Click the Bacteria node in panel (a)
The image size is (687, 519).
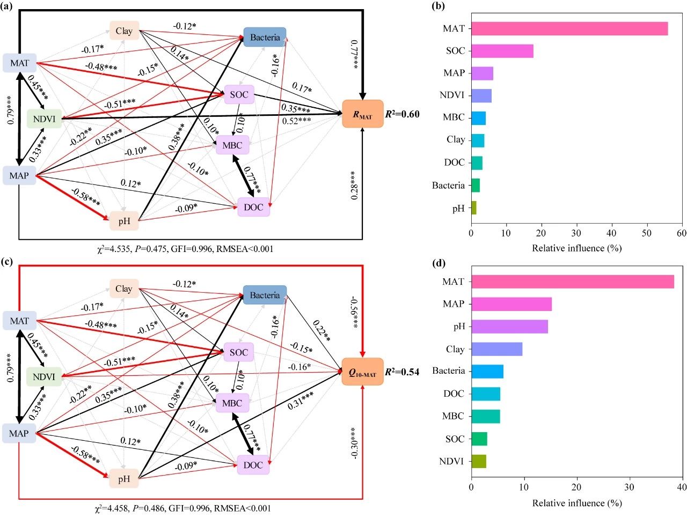[x=265, y=37]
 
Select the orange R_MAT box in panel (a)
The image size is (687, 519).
[x=363, y=114]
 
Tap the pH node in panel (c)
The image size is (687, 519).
[x=124, y=479]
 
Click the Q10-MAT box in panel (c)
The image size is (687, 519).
[x=363, y=372]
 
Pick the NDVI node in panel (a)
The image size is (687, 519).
[x=44, y=118]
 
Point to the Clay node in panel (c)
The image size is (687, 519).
[x=124, y=288]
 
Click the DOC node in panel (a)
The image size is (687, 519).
[x=253, y=207]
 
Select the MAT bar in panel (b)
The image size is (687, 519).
[x=569, y=28]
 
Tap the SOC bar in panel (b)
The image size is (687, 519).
[x=502, y=51]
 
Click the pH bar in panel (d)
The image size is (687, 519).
[x=509, y=327]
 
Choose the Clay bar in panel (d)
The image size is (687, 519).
[x=496, y=349]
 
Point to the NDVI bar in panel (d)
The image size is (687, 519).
[x=479, y=461]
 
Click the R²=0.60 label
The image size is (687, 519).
[x=402, y=114]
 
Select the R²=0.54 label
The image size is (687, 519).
[x=402, y=372]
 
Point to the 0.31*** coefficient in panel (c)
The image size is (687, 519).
[x=301, y=401]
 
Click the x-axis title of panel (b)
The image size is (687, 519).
[x=576, y=248]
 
